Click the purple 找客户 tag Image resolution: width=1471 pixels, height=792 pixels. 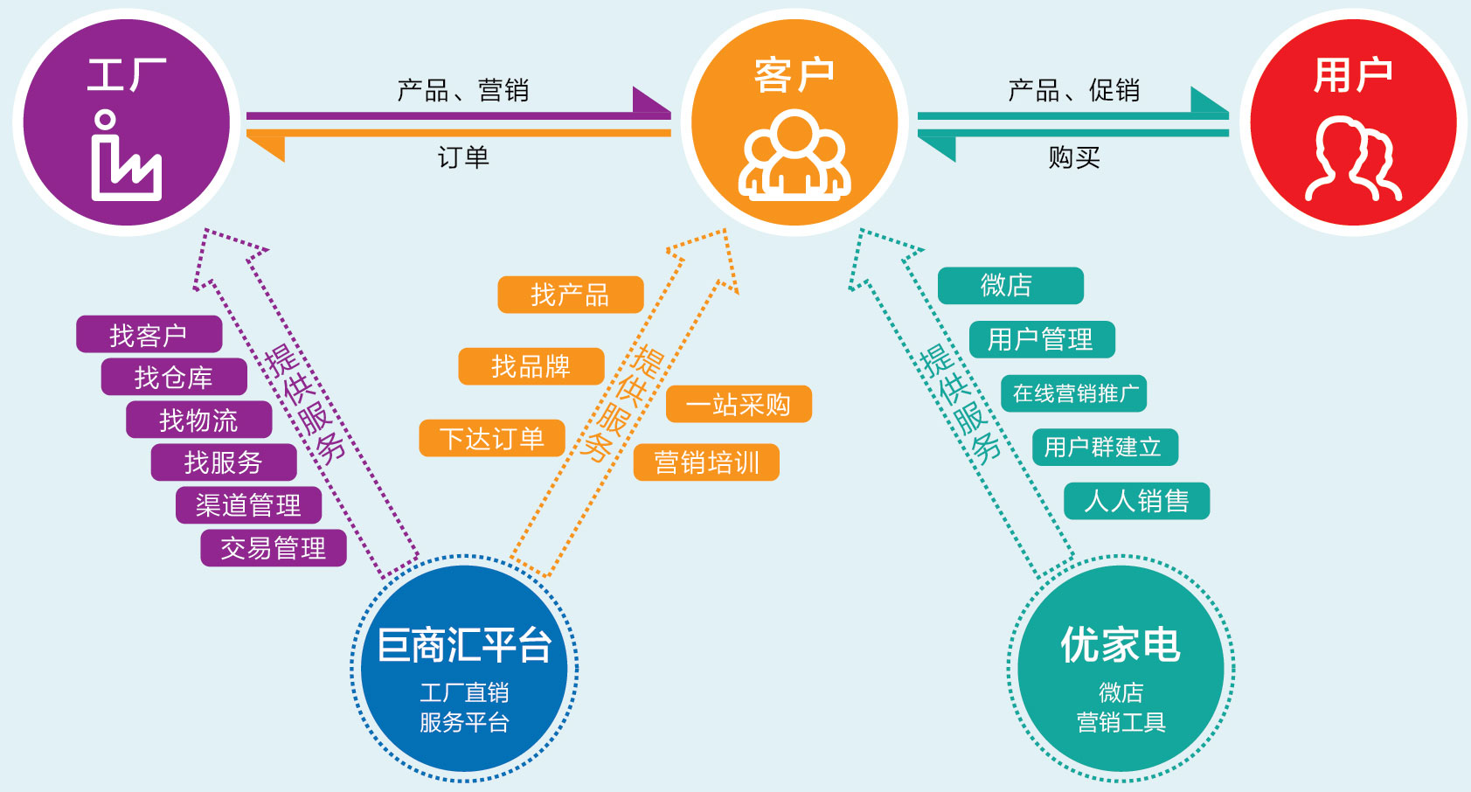(149, 334)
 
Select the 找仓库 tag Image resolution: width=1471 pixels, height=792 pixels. (174, 377)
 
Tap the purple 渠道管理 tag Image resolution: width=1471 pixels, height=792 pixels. (248, 505)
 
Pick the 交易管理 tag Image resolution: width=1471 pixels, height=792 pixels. (274, 548)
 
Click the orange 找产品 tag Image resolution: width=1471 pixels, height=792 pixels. (570, 295)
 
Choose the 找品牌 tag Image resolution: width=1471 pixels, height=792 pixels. (531, 366)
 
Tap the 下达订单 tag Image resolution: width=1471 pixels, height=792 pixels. (491, 438)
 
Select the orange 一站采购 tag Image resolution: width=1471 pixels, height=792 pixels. (739, 404)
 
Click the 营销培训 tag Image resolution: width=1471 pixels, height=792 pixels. (706, 462)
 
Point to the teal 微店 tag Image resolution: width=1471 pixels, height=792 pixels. (1010, 286)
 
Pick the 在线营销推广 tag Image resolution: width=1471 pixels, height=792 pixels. (1073, 393)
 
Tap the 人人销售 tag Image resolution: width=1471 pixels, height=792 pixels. (1136, 501)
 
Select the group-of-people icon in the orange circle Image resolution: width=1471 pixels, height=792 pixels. (794, 155)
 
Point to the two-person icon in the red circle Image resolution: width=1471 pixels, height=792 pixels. (1353, 160)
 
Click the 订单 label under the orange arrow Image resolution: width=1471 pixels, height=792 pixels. (463, 157)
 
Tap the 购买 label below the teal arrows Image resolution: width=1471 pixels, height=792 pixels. (1074, 157)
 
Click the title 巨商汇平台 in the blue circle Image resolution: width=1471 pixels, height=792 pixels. (464, 646)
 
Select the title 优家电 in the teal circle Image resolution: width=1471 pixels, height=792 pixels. (1121, 646)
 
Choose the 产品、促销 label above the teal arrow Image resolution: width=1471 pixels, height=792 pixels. (1073, 90)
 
